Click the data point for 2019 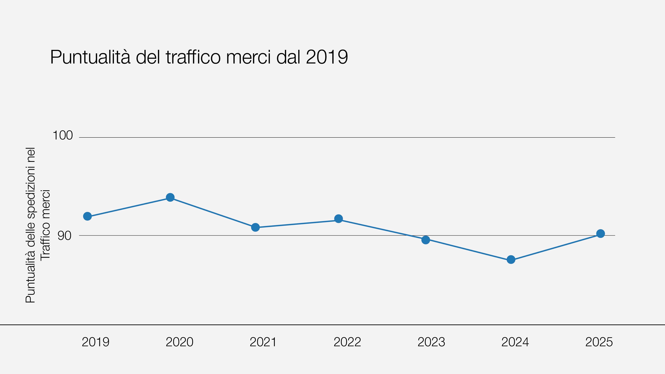87,216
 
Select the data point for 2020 170,197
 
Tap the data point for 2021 255,227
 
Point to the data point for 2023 426,240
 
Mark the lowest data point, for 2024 511,260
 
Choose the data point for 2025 600,234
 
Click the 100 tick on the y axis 63,135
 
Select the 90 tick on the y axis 64,236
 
